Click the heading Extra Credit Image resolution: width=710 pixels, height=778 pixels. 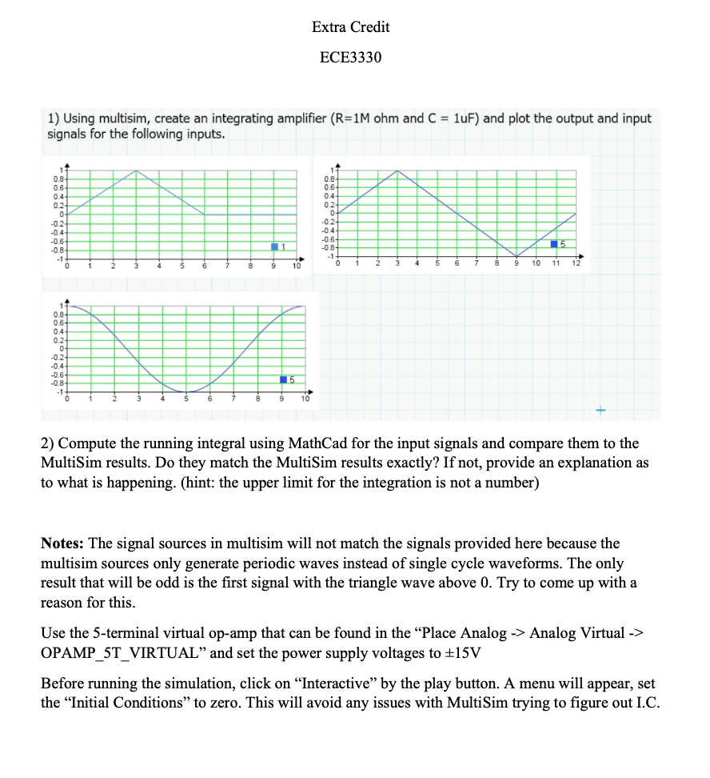[351, 27]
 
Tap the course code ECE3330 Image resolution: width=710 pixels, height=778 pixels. [351, 58]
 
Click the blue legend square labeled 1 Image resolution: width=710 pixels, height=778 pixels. [275, 246]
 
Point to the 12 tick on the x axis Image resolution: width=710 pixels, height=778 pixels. [576, 263]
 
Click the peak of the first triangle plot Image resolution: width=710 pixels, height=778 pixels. [137, 170]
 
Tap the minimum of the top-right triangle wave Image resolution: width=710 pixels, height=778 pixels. [517, 256]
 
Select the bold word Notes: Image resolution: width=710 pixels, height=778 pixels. [65, 543]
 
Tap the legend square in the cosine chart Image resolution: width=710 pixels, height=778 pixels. [284, 379]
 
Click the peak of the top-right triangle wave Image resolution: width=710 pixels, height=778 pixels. [398, 170]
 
